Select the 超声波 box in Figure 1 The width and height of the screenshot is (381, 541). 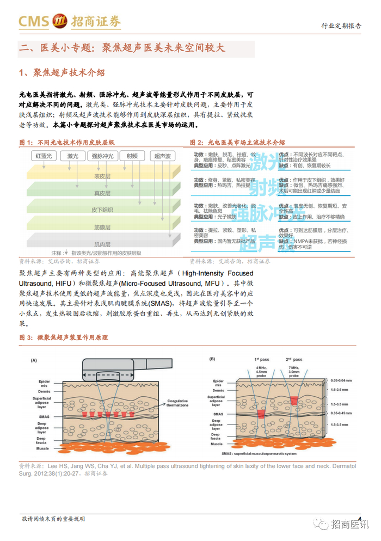pos(163,156)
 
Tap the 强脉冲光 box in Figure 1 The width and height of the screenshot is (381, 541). pos(103,156)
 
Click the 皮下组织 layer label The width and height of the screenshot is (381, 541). pos(102,210)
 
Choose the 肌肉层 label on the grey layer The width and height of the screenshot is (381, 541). pos(102,244)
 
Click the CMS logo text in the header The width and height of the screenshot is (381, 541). pos(34,21)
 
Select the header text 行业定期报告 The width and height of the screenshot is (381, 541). pos(342,26)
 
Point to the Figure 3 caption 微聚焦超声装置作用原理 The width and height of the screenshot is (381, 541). pos(79,338)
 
